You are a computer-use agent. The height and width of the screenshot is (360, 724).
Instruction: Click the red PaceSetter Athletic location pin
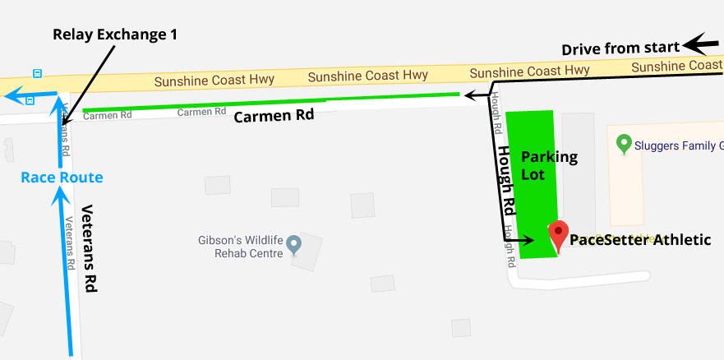point(559,233)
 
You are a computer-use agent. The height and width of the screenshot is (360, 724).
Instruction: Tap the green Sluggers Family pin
point(624,143)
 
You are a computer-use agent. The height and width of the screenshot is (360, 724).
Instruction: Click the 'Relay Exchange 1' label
point(114,35)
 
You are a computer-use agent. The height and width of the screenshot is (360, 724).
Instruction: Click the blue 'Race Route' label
point(62,177)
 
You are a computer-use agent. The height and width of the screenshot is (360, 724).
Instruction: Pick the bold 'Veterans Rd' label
point(90,247)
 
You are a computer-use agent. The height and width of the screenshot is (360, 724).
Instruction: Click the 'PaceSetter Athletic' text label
point(640,240)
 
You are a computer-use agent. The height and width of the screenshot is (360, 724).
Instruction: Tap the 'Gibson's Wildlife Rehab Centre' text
point(240,247)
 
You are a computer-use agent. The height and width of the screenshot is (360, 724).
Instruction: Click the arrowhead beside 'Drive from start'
point(705,43)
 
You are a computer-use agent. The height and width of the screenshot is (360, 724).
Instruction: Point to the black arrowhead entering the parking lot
point(529,241)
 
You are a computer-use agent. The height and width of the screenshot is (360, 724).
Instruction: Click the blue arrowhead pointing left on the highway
point(12,95)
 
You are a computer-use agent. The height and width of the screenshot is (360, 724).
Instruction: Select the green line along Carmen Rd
point(271,103)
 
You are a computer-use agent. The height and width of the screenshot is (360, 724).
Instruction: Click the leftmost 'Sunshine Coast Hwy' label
point(214,81)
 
